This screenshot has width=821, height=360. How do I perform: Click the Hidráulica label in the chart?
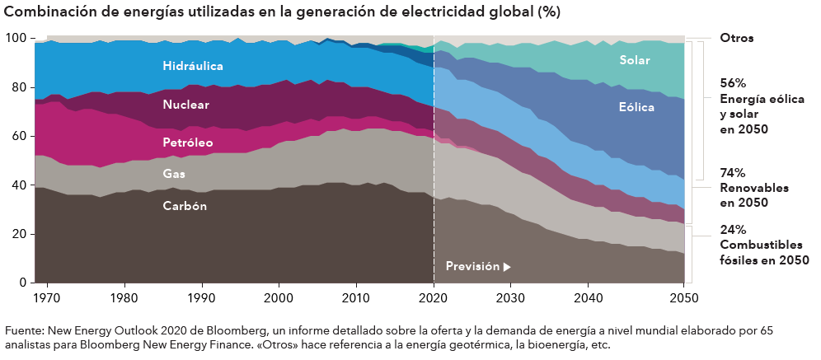pyautogui.click(x=193, y=65)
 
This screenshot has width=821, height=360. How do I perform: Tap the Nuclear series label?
pyautogui.click(x=185, y=105)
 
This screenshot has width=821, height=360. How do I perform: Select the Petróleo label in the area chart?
pyautogui.click(x=188, y=143)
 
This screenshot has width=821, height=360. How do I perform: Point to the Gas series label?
pyautogui.click(x=174, y=174)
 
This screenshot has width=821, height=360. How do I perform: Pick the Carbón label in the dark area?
pyautogui.click(x=185, y=206)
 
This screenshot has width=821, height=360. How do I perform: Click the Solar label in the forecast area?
pyautogui.click(x=635, y=60)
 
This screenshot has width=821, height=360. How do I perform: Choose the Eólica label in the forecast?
pyautogui.click(x=636, y=107)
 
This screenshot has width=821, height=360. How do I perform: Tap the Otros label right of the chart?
pyautogui.click(x=736, y=38)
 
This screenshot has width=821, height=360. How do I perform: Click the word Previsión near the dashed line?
pyautogui.click(x=472, y=266)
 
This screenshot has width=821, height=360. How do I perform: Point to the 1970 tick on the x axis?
pyautogui.click(x=47, y=297)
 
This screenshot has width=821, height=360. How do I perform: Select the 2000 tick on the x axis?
pyautogui.click(x=279, y=297)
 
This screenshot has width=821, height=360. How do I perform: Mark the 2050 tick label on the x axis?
pyautogui.click(x=683, y=297)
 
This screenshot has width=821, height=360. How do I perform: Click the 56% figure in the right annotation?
pyautogui.click(x=733, y=83)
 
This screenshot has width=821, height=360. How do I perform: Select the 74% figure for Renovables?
pyautogui.click(x=733, y=173)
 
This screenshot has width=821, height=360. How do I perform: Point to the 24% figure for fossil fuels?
pyautogui.click(x=733, y=230)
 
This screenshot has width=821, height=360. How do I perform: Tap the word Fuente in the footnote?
pyautogui.click(x=24, y=330)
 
